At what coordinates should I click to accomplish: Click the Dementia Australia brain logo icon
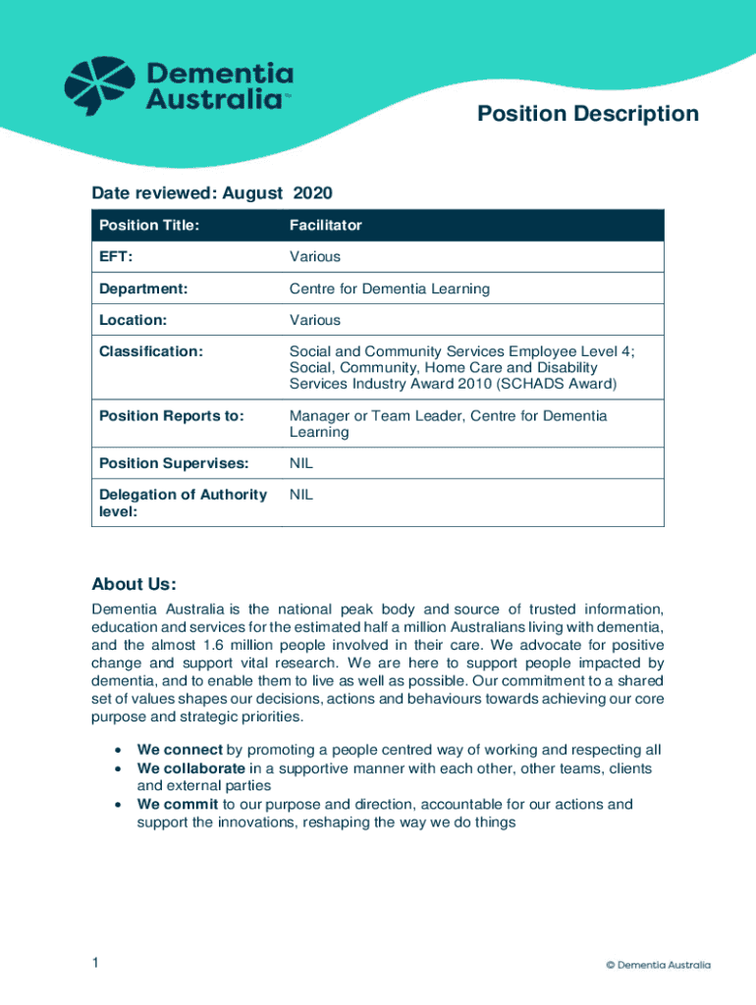[99, 85]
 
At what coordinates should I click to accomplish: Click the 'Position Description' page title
[587, 114]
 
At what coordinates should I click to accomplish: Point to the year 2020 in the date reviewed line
[312, 193]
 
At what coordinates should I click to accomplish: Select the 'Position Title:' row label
[148, 226]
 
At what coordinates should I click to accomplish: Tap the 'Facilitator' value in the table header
[325, 226]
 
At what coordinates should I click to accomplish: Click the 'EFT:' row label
[116, 257]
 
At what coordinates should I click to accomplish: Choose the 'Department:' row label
[143, 289]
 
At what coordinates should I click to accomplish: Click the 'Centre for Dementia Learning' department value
[389, 289]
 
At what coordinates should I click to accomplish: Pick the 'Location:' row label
[133, 320]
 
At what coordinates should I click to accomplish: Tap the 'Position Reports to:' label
[171, 416]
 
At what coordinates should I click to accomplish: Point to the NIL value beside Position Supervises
[300, 463]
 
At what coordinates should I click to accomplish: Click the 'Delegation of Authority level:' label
[183, 502]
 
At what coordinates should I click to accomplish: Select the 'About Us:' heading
[134, 585]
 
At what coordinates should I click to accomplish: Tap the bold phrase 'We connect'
[180, 750]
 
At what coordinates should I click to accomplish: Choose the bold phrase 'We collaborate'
[190, 768]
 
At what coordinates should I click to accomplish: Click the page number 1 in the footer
[95, 964]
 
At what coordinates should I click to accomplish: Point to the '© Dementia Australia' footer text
[658, 965]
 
